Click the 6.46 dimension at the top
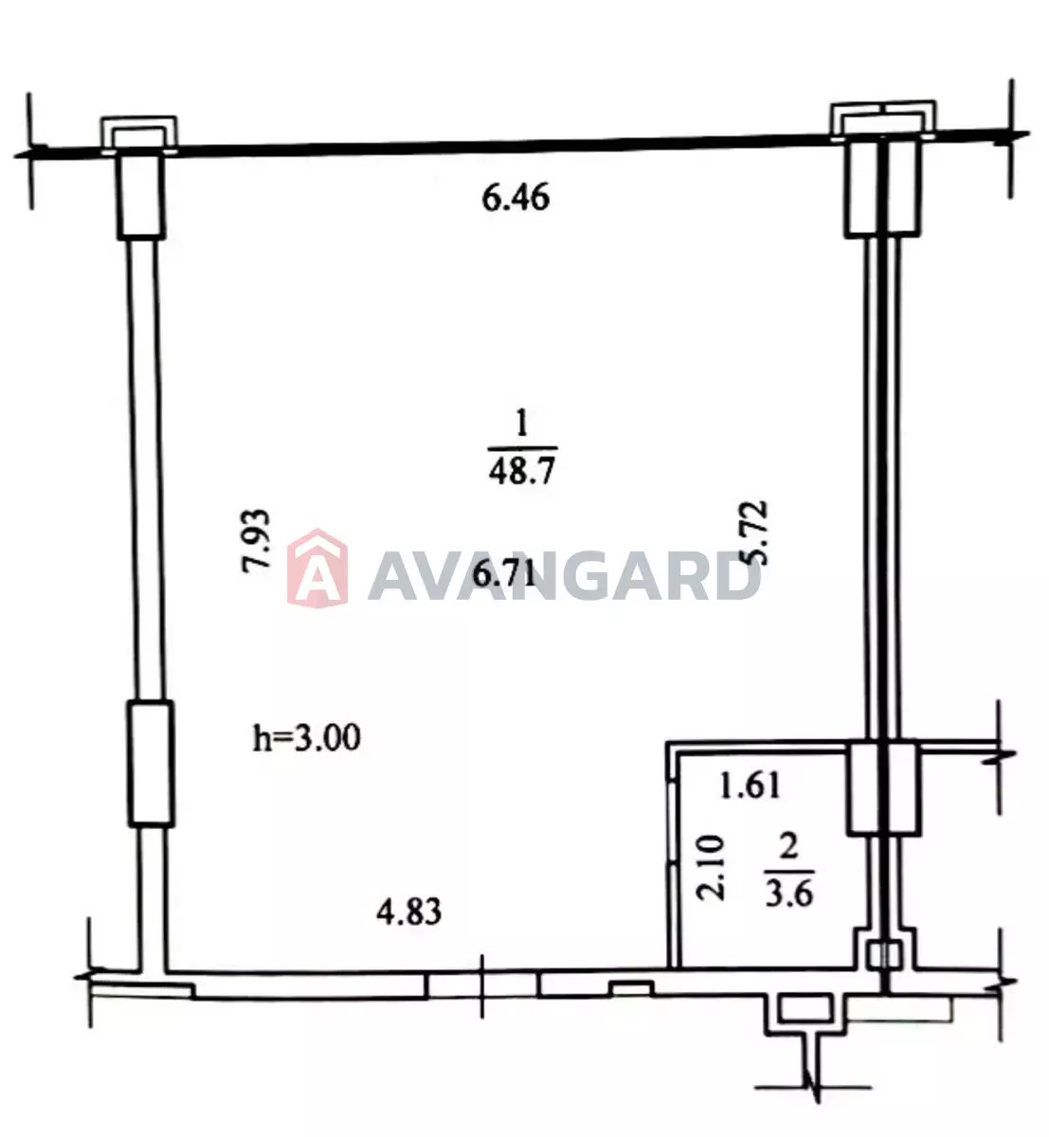click(515, 198)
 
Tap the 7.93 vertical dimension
click(255, 539)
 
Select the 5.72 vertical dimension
click(752, 532)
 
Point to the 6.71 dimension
click(504, 574)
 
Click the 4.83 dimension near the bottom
click(408, 912)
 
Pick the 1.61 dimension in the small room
click(750, 785)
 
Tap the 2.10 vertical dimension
click(710, 868)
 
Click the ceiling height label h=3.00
click(307, 737)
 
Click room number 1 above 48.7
click(521, 424)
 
